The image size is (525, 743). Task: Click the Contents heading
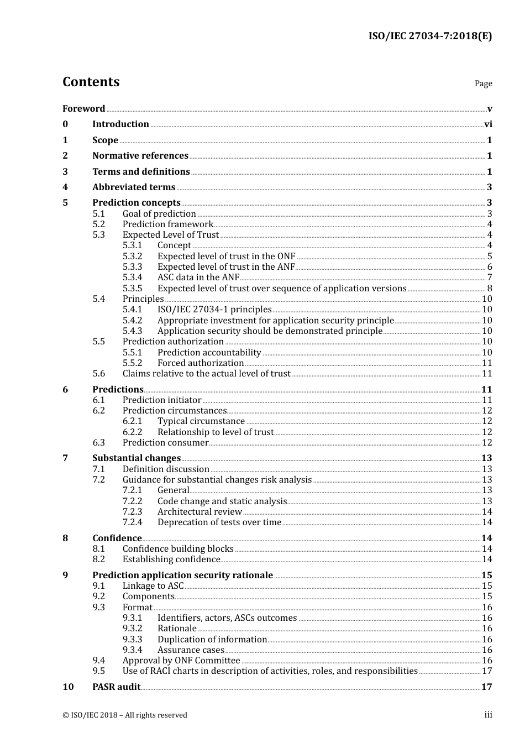pos(91,82)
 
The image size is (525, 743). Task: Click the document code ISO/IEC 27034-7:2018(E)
pos(430,36)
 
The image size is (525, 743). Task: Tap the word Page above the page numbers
pos(483,83)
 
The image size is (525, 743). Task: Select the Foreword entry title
pos(83,108)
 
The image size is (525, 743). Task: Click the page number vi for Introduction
pos(488,124)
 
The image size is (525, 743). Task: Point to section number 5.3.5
pos(132,288)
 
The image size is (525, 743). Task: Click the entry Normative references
pos(140,156)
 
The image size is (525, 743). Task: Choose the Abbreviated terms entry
pos(134,187)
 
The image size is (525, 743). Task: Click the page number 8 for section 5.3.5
pos(490,288)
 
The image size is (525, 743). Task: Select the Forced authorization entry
pos(201,363)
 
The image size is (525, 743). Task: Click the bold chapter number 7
pos(65,458)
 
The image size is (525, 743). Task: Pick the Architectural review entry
pos(200,512)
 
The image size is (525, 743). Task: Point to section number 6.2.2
pos(132,432)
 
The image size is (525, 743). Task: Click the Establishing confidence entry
pos(171,559)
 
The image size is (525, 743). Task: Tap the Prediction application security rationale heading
pos(182,575)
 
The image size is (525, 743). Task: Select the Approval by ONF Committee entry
pos(181,661)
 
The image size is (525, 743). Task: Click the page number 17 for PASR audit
pos(486,687)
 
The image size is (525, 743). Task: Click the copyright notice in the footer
pos(125,715)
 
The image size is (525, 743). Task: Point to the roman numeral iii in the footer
pos(488,715)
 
